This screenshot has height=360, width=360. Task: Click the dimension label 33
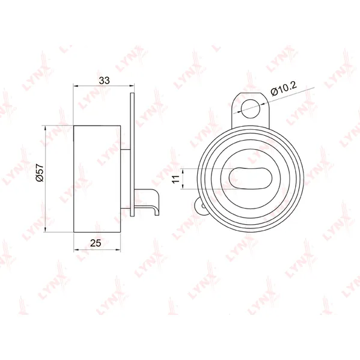point(104,81)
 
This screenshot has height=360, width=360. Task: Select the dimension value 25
point(96,243)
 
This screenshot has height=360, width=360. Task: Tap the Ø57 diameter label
point(40,172)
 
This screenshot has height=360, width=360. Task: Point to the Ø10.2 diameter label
point(284,88)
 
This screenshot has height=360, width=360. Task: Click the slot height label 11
point(176,178)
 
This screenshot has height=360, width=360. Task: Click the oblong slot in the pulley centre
point(251,178)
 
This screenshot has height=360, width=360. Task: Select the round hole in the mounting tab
point(251,109)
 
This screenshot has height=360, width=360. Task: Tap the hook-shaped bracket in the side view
point(147,201)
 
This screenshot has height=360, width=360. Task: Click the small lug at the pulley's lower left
point(200,206)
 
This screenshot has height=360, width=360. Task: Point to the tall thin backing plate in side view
point(132,154)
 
